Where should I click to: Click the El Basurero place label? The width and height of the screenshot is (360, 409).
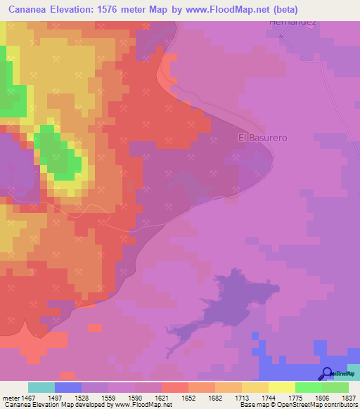click(254, 138)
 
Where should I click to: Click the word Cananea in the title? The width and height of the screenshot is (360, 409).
click(29, 10)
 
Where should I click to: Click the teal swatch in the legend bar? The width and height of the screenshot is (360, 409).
click(41, 387)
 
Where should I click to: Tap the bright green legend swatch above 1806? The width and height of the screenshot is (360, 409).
click(309, 387)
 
